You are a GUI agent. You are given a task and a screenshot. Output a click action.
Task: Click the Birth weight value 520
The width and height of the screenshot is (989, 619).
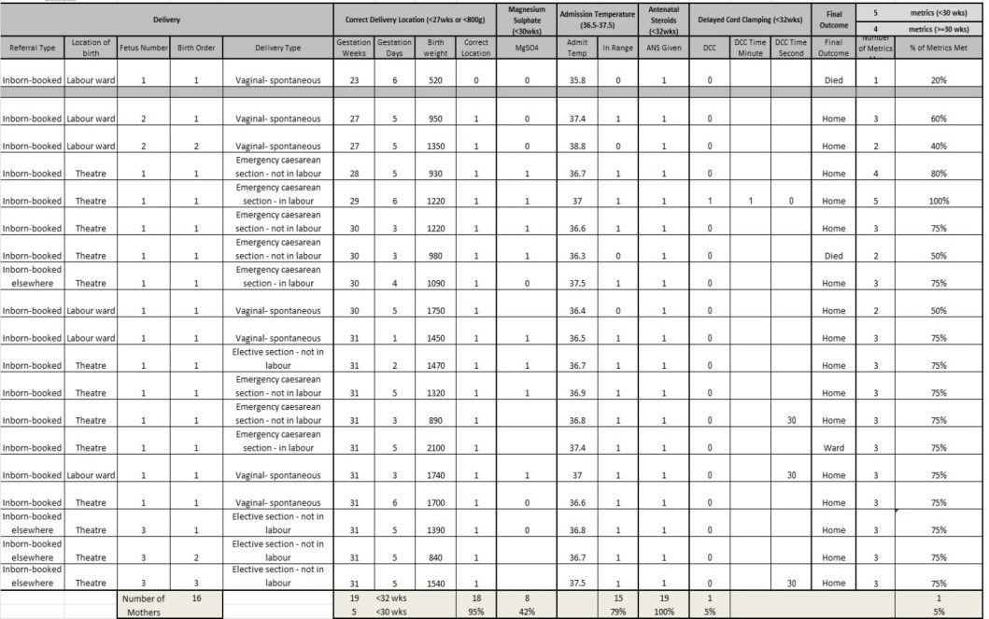pos(435,81)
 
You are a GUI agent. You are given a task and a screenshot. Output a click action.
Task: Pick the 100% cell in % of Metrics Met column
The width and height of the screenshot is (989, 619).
pos(938,201)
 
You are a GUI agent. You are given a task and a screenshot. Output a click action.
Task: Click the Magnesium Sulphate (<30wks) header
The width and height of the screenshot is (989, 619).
pos(526,19)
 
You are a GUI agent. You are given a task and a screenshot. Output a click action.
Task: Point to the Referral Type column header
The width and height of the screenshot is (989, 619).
pos(33,48)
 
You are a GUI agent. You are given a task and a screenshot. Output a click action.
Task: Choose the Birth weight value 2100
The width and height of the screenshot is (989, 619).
pos(435,447)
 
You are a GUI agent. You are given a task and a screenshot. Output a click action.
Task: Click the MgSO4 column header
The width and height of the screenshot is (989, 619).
pos(526,48)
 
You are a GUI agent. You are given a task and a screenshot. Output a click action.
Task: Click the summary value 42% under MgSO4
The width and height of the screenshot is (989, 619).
pos(526,612)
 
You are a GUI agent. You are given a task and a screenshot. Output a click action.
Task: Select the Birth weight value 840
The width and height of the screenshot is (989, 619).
pos(435,557)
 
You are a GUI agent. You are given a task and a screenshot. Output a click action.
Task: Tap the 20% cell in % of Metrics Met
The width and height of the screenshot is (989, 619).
pos(938,81)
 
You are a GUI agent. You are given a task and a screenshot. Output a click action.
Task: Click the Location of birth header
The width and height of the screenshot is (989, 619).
pos(91,48)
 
